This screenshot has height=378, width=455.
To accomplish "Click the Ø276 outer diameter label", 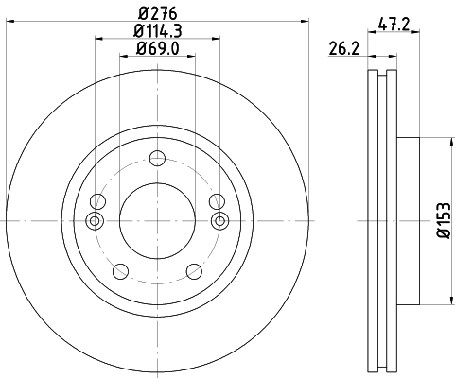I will coord(157,12).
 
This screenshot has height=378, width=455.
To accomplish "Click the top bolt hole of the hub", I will coord(157,158).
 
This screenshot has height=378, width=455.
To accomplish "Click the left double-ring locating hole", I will coord(93,220).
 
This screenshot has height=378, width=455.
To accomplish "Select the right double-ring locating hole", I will coord(221,220).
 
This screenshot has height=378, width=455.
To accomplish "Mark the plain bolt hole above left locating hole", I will coord(97,200).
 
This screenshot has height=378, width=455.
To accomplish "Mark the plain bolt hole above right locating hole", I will coord(217,200).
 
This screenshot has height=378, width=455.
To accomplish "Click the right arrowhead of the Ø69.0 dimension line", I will coord(192,55).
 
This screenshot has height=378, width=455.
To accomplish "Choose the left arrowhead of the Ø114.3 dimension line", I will coord(98,39).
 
